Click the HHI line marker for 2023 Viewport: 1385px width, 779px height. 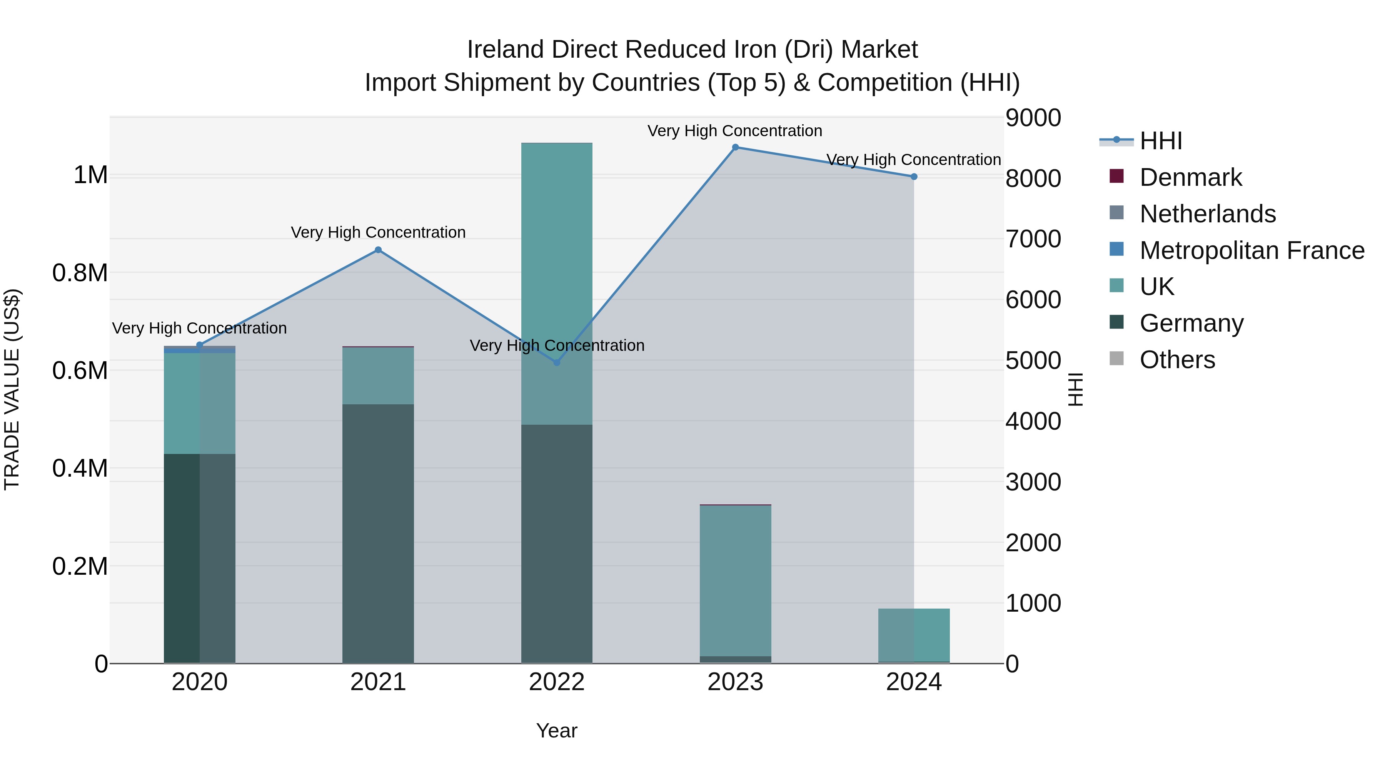click(735, 147)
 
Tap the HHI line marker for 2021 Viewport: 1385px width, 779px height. click(378, 250)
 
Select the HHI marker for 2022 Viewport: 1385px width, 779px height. click(556, 363)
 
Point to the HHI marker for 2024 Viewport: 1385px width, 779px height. click(913, 177)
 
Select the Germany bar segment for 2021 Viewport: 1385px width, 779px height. click(378, 532)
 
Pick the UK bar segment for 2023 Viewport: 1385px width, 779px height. click(735, 580)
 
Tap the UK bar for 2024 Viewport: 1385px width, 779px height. click(913, 634)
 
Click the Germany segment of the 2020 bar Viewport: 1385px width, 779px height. click(199, 559)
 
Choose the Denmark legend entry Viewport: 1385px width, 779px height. click(1190, 177)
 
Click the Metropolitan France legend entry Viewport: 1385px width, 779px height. click(1252, 250)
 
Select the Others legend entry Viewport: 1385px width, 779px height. click(1177, 360)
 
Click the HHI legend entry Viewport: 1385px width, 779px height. click(1161, 141)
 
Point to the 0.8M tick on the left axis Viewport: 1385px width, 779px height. click(80, 273)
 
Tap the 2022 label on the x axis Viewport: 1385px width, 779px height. click(556, 682)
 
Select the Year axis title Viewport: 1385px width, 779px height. click(556, 731)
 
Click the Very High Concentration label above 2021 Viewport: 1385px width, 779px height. click(378, 232)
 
